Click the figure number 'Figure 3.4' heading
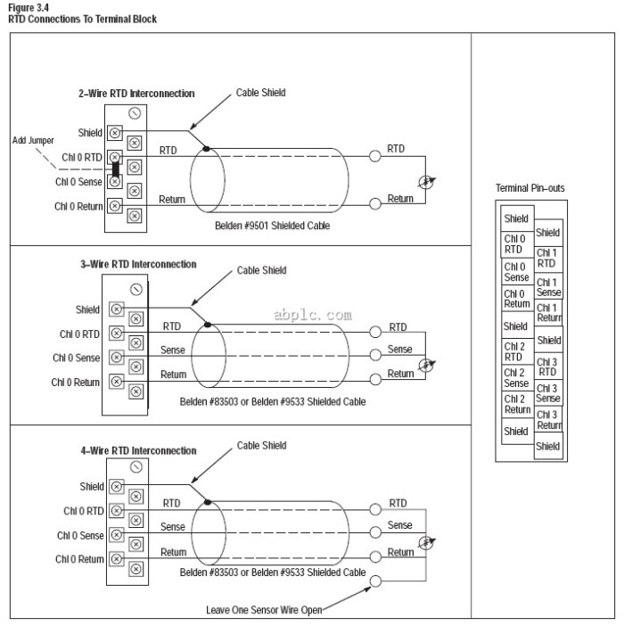point(29,8)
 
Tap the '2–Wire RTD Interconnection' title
point(136,94)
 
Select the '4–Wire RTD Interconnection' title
point(138,450)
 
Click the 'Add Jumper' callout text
point(33,141)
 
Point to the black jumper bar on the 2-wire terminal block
point(115,169)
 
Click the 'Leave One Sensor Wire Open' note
point(264,610)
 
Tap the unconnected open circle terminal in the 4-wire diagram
point(375,581)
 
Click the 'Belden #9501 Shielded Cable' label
point(272,226)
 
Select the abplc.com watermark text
point(313,315)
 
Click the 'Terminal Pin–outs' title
point(530,188)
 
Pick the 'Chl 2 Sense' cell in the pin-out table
point(517,378)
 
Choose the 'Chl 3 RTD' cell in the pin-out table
point(548,367)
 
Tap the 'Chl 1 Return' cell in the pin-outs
point(548,312)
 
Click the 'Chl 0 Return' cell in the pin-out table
point(517,298)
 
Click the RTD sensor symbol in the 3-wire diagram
point(426,365)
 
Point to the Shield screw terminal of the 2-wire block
point(115,133)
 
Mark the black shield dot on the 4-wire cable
point(208,502)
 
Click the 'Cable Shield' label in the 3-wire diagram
point(261,270)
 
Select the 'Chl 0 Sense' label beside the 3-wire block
point(76,358)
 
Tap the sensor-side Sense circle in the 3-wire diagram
point(375,355)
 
